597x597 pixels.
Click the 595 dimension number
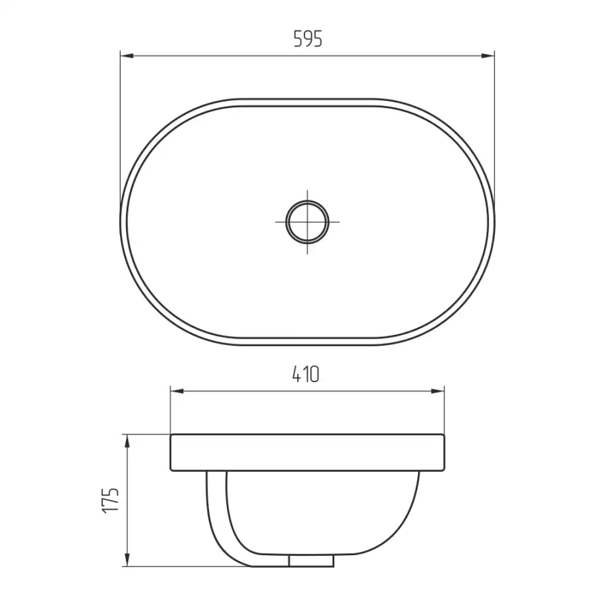308,39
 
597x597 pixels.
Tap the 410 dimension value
306,374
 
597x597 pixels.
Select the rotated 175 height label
111,500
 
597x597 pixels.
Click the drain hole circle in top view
307,222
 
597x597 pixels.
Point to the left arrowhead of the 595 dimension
127,56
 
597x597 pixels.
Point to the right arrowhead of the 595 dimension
488,56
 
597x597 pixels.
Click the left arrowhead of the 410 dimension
177,391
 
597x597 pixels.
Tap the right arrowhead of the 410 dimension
438,391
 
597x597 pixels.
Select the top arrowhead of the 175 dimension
127,441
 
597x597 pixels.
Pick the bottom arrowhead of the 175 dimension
127,560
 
